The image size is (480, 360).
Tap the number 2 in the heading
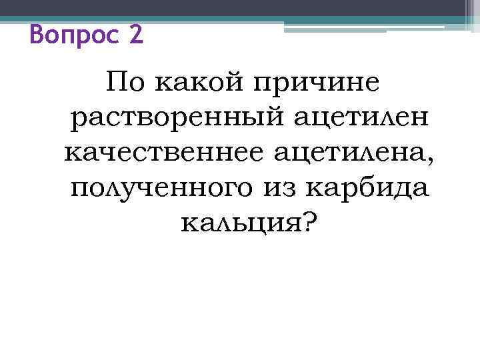[135, 33]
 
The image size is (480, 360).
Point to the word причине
[317, 86]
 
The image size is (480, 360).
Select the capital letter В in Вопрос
[37, 33]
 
